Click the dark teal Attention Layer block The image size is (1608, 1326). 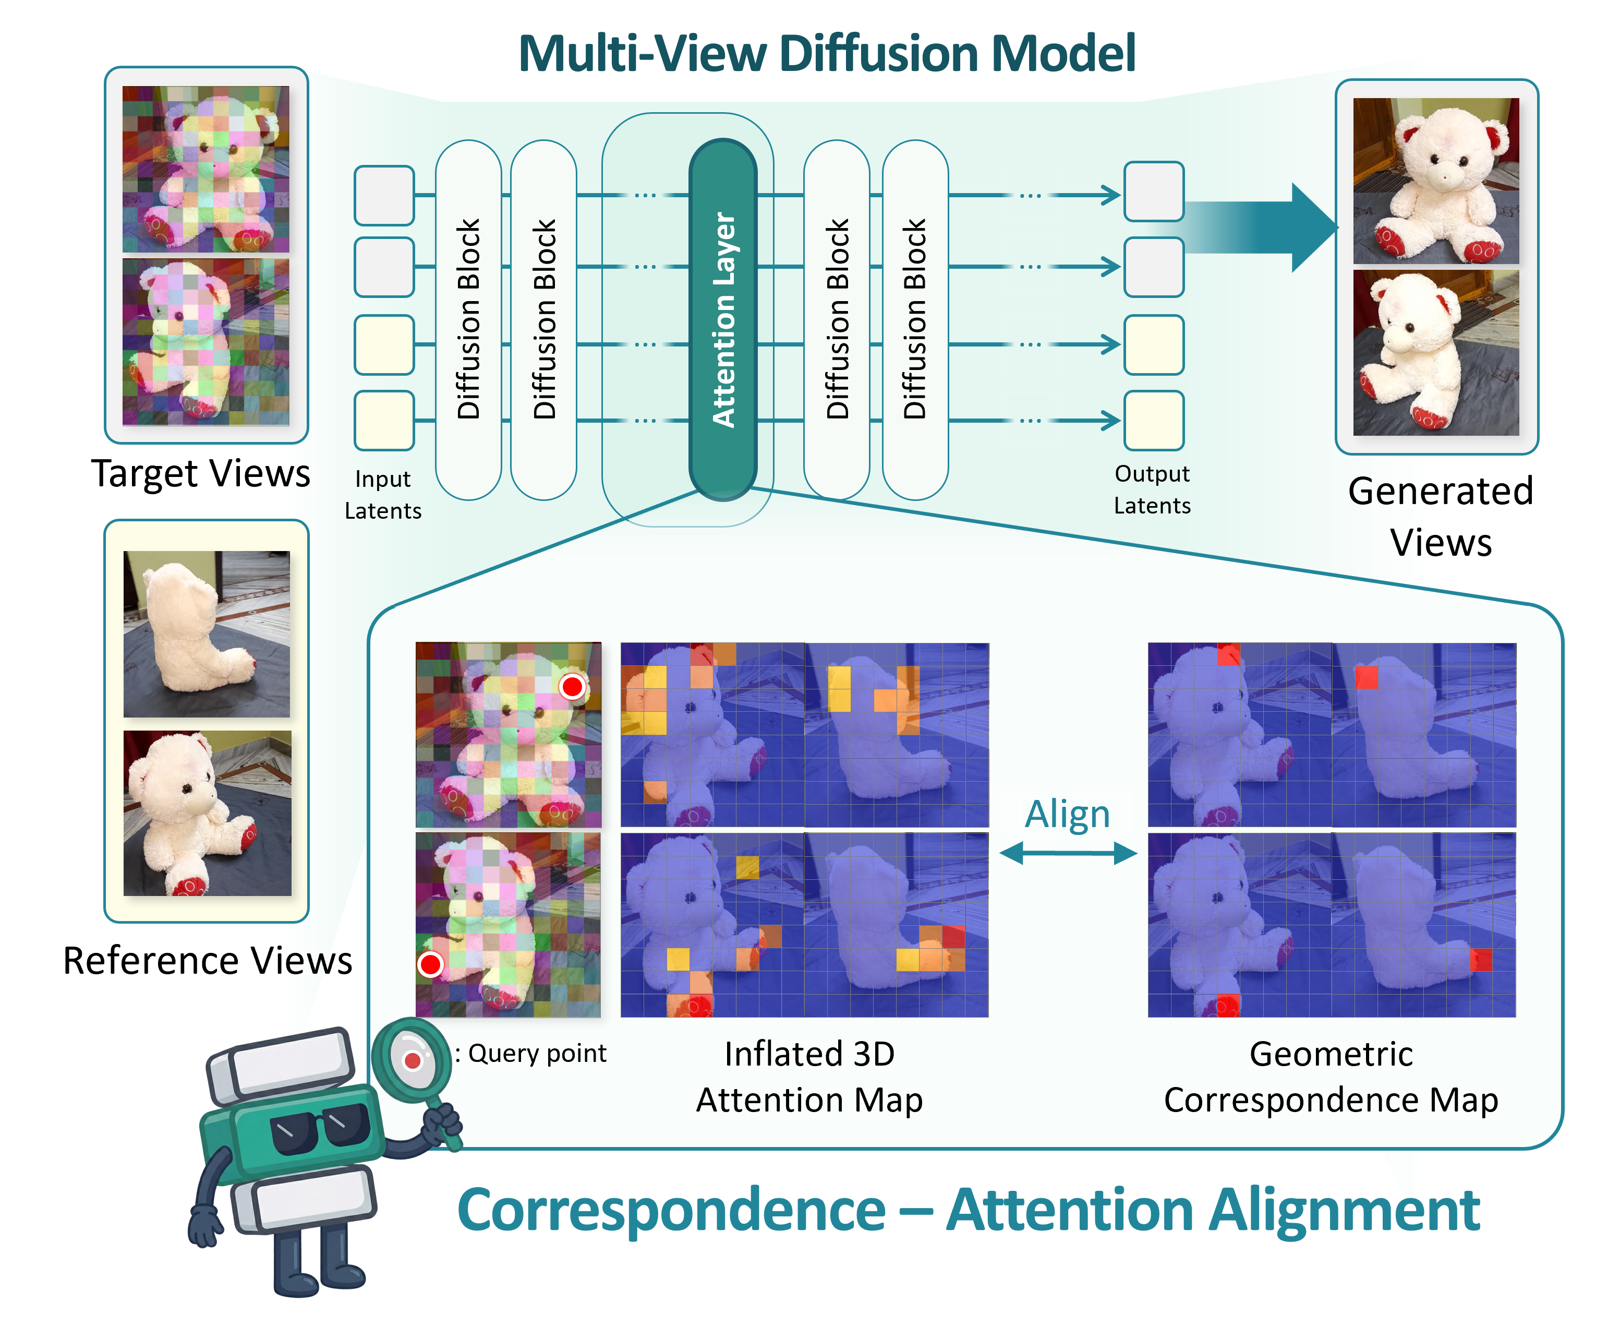click(x=722, y=319)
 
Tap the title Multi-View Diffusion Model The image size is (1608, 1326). click(x=827, y=53)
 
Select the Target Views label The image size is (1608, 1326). click(x=201, y=473)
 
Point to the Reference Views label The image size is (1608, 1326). click(x=207, y=960)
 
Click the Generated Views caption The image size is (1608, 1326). click(x=1440, y=516)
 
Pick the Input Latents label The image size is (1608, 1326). click(x=382, y=494)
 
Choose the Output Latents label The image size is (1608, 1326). click(x=1152, y=489)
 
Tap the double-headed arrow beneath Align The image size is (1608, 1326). click(x=1068, y=853)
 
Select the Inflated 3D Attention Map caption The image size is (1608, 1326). click(x=809, y=1076)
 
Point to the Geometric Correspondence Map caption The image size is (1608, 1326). click(x=1331, y=1076)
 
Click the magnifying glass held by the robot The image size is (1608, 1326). click(x=412, y=1059)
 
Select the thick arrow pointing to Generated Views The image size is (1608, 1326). click(x=1260, y=228)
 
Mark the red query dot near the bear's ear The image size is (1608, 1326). click(x=572, y=687)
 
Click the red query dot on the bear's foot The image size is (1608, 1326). click(x=431, y=965)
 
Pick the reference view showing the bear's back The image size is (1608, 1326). click(x=207, y=634)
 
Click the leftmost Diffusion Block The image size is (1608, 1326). click(x=468, y=319)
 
